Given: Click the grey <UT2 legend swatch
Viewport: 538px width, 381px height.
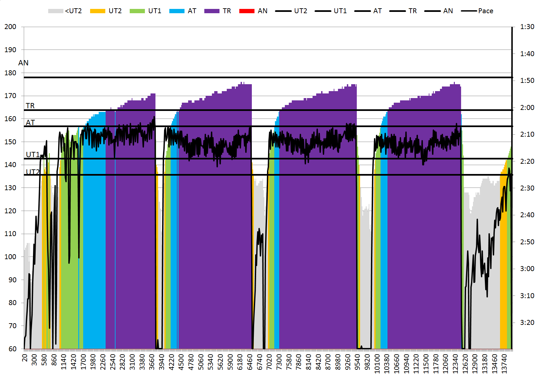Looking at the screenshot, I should (55, 11).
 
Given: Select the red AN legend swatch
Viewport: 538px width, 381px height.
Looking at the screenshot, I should (247, 11).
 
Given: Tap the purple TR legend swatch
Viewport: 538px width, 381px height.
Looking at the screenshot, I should (212, 11).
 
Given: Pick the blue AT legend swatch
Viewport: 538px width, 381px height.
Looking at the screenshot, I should (177, 11).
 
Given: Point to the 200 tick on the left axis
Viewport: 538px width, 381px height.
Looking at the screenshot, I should (10, 27).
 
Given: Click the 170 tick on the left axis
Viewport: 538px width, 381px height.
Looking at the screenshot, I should (10, 96).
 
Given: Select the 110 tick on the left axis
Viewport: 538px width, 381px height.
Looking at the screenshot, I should (10, 234).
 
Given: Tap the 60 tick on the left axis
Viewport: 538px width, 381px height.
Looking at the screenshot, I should (12, 349).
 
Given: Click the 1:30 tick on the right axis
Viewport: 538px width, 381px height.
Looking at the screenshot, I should (527, 27).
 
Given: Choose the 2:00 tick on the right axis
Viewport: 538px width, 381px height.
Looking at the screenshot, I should (527, 108).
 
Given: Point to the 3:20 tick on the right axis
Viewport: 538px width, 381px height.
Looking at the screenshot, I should (527, 323).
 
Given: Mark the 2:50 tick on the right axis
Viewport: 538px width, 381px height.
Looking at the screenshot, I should (527, 242).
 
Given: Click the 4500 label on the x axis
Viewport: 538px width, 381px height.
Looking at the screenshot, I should (181, 362).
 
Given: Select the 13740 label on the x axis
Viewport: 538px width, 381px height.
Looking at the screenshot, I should (504, 364).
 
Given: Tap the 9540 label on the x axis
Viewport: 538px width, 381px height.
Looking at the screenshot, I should (357, 362).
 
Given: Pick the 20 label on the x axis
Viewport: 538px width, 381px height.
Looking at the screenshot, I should (25, 358).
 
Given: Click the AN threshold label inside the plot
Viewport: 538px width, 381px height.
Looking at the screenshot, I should (23, 63).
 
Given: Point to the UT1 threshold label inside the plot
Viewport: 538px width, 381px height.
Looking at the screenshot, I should (33, 155).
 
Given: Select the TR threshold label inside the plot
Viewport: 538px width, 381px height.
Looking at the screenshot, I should (30, 106).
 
